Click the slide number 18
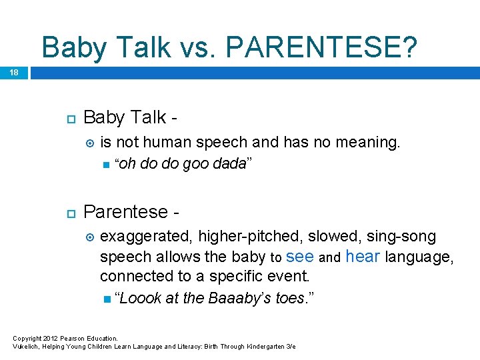point(14,72)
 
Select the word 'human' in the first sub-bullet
point(169,142)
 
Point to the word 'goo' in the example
point(194,164)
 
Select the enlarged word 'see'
point(299,257)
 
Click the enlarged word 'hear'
point(363,257)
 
